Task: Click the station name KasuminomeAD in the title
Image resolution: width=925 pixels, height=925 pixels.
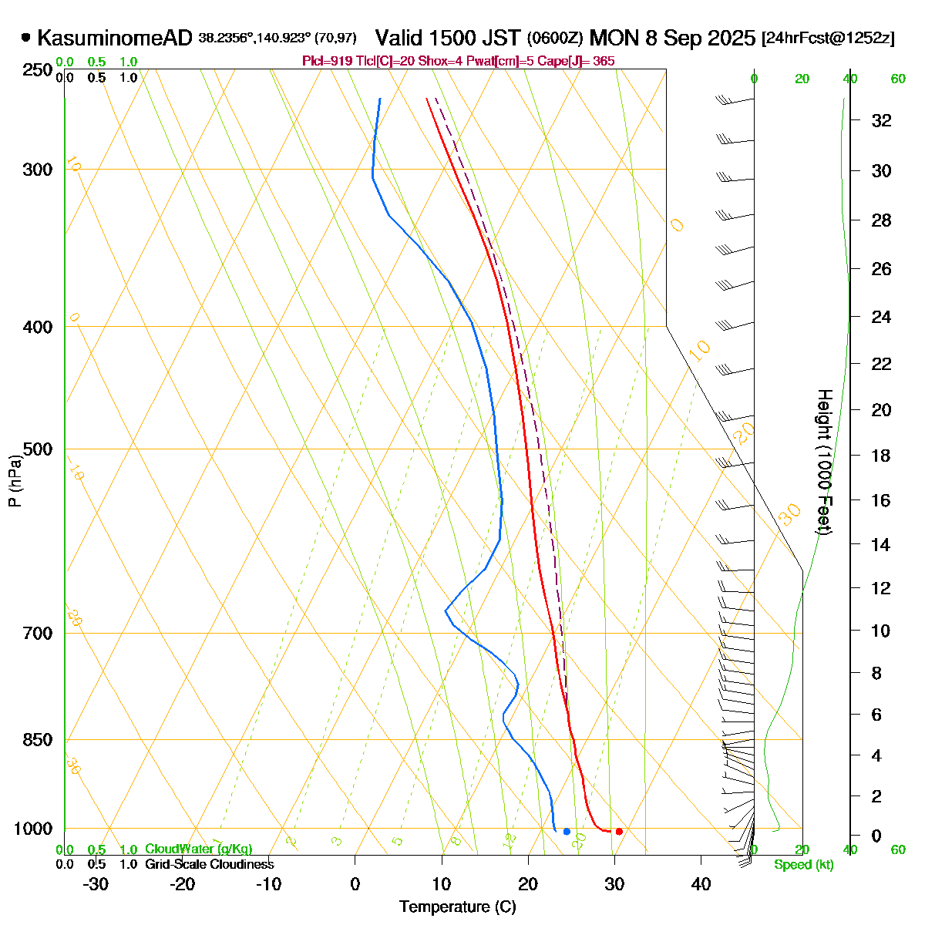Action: coord(114,38)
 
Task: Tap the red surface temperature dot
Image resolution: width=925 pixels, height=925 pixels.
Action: coord(619,831)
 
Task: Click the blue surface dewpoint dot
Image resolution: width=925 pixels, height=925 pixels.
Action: coord(567,831)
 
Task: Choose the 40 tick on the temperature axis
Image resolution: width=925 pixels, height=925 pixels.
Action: coord(701,884)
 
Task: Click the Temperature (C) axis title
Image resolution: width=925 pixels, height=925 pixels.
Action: coord(458,906)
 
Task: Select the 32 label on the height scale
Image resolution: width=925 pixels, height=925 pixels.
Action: coord(881,120)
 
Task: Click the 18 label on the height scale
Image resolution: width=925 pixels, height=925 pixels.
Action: coord(881,456)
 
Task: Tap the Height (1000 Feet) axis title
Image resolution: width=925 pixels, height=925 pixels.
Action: coord(824,462)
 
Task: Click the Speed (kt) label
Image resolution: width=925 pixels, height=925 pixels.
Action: coord(804,865)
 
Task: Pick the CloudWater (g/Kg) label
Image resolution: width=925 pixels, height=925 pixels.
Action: coord(198,849)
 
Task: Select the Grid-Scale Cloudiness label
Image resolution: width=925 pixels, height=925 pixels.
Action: coord(209,864)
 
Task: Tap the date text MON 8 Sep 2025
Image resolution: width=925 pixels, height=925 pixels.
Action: coord(672,38)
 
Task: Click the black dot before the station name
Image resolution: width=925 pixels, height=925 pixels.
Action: coord(26,37)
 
